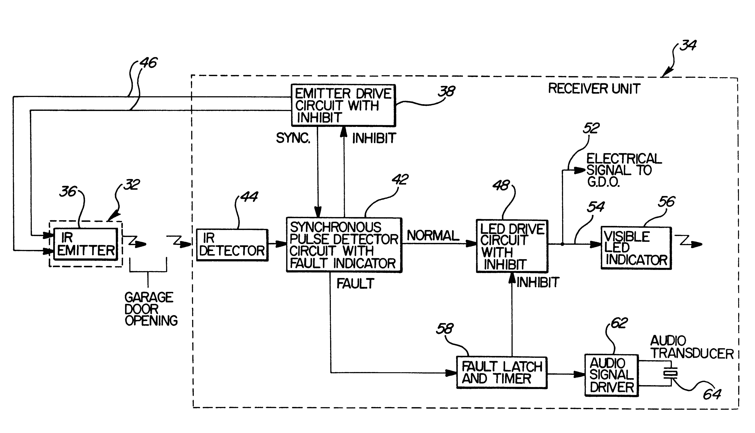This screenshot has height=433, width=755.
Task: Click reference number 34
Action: (688, 45)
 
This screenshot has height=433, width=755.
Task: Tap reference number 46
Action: (148, 63)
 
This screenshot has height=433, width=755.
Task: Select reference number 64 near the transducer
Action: (712, 394)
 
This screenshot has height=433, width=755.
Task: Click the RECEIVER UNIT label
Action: (594, 89)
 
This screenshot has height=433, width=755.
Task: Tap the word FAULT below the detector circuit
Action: (355, 284)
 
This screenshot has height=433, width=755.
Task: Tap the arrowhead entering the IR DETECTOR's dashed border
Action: (186, 244)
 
